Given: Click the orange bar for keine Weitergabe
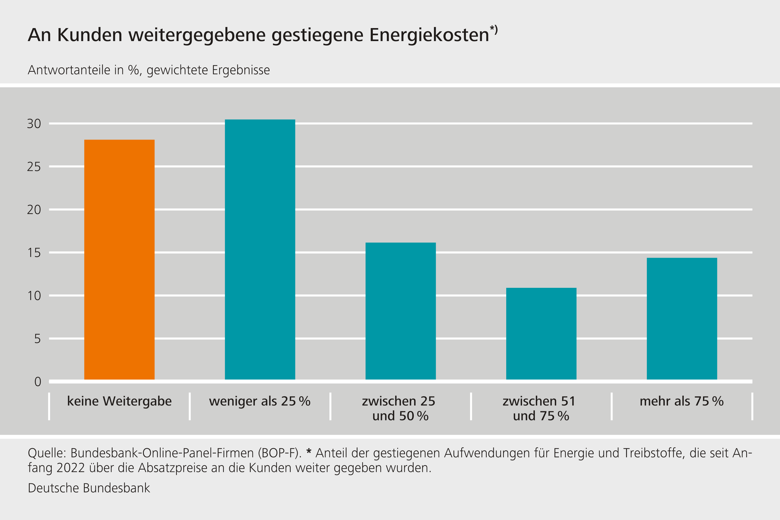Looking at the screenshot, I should point(119,260).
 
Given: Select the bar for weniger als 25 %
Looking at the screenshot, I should point(260,249).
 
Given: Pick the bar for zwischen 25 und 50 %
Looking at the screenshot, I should point(400,311).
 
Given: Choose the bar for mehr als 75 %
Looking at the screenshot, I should point(681,319).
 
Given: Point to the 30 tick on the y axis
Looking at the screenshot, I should point(34,124).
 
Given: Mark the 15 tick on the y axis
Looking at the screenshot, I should point(34,253).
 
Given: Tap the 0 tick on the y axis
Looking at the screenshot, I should point(37,382).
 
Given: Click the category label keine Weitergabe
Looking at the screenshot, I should point(119,401).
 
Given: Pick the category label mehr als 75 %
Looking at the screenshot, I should point(681,401).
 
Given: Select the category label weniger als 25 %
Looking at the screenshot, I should point(260,401).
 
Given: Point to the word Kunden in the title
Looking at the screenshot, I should point(89,35).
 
